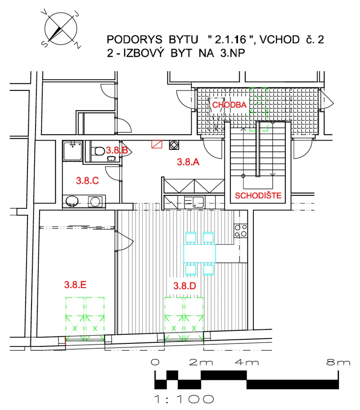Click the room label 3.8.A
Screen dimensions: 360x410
click(188, 162)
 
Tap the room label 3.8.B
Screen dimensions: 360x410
click(117, 150)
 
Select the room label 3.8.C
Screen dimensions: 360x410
click(87, 180)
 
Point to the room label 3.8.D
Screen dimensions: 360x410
click(184, 285)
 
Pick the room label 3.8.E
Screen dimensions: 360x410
click(75, 284)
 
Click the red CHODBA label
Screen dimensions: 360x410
click(229, 105)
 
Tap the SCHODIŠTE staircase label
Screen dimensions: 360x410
click(258, 195)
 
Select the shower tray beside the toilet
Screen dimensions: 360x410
click(73, 151)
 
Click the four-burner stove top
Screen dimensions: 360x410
click(241, 230)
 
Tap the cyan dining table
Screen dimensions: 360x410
click(199, 253)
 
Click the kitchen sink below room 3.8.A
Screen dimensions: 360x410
click(198, 202)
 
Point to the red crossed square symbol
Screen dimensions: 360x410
click(157, 144)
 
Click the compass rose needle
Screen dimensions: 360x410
click(56, 33)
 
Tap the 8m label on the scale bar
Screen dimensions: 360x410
click(338, 362)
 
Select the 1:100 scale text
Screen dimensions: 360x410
click(184, 399)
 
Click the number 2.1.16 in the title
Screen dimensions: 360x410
click(230, 40)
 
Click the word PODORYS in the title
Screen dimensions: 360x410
click(135, 40)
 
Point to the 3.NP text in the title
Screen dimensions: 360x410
click(233, 53)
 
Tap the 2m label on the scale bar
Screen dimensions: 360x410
click(201, 362)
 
